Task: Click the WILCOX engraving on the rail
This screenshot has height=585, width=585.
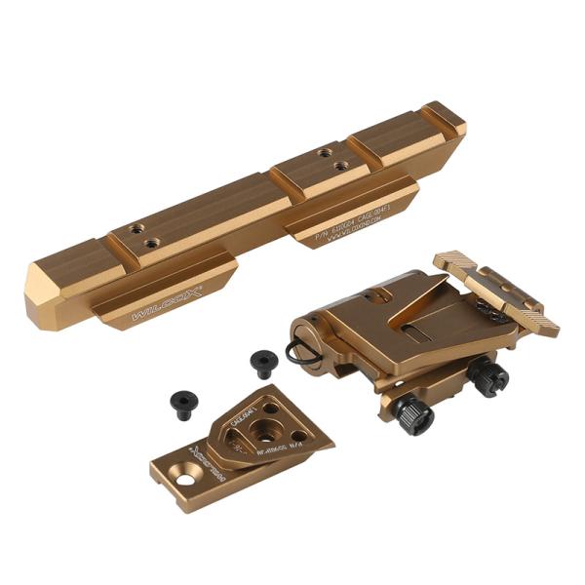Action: click(x=166, y=303)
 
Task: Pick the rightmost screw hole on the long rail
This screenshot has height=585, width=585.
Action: click(x=340, y=166)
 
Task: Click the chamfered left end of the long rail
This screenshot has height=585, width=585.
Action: click(x=44, y=292)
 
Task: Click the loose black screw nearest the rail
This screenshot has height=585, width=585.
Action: click(x=263, y=363)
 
